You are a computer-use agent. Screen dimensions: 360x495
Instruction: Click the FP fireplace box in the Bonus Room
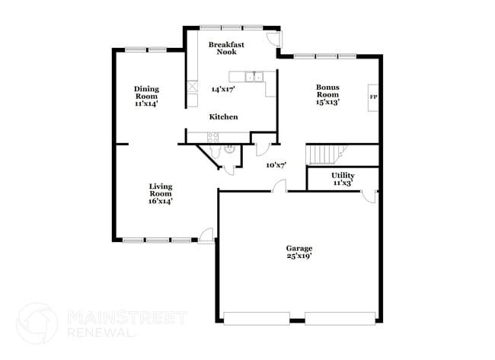[373, 97]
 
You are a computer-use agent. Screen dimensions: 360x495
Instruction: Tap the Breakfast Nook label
[227, 49]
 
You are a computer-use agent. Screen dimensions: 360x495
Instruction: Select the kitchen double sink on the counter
[254, 76]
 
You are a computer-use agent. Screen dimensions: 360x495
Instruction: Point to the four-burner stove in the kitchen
[212, 137]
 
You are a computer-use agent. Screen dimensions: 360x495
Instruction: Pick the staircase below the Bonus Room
[325, 155]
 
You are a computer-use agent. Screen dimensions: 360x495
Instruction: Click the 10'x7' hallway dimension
[275, 164]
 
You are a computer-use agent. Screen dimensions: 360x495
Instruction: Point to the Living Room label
[160, 193]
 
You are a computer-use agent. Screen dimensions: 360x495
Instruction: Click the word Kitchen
[224, 116]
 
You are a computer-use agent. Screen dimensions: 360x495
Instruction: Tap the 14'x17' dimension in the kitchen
[223, 88]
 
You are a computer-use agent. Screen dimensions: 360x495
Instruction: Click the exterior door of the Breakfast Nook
[274, 40]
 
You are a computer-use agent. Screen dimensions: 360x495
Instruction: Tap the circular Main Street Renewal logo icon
[37, 323]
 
